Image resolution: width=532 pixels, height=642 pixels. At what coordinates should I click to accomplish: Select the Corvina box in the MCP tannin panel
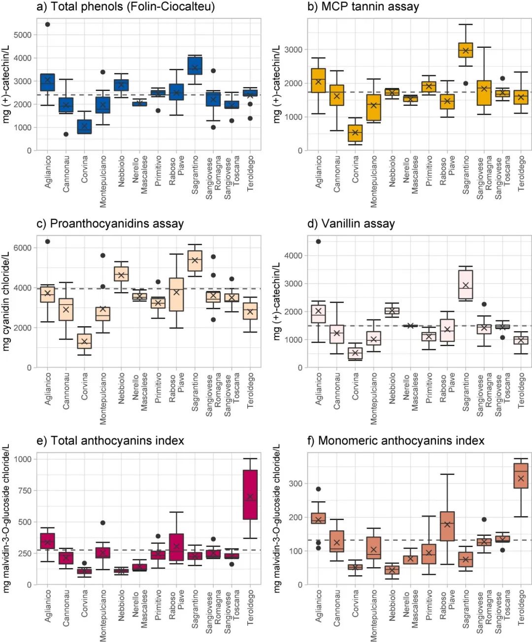pyautogui.click(x=355, y=134)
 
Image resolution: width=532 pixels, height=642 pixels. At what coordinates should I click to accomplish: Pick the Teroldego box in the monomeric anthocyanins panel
pyautogui.click(x=521, y=476)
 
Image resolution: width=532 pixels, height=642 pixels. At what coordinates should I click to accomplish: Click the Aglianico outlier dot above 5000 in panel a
pyautogui.click(x=47, y=24)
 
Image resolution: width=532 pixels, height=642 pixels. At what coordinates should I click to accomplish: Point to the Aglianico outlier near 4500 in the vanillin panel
pyautogui.click(x=318, y=242)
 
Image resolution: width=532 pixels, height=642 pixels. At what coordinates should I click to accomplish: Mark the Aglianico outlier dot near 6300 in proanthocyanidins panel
pyautogui.click(x=47, y=242)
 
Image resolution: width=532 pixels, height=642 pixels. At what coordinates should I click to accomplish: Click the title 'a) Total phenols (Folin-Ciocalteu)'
pyautogui.click(x=126, y=7)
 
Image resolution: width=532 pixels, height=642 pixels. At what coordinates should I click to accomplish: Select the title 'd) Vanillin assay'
pyautogui.click(x=351, y=224)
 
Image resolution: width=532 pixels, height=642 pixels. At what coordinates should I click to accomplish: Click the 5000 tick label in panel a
pyautogui.click(x=23, y=35)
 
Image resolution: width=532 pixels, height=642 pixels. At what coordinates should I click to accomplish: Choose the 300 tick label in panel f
pyautogui.click(x=296, y=484)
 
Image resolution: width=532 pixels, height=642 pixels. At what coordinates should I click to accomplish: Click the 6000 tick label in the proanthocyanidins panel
pyautogui.click(x=23, y=248)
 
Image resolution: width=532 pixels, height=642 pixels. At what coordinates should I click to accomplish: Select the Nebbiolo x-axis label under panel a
pyautogui.click(x=121, y=171)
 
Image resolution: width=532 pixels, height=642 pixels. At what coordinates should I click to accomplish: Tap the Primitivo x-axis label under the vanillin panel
pyautogui.click(x=429, y=389)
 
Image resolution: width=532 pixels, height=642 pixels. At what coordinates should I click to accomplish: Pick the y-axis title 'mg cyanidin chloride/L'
pyautogui.click(x=6, y=302)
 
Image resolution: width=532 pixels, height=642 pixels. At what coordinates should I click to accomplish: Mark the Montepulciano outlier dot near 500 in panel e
pyautogui.click(x=102, y=523)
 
